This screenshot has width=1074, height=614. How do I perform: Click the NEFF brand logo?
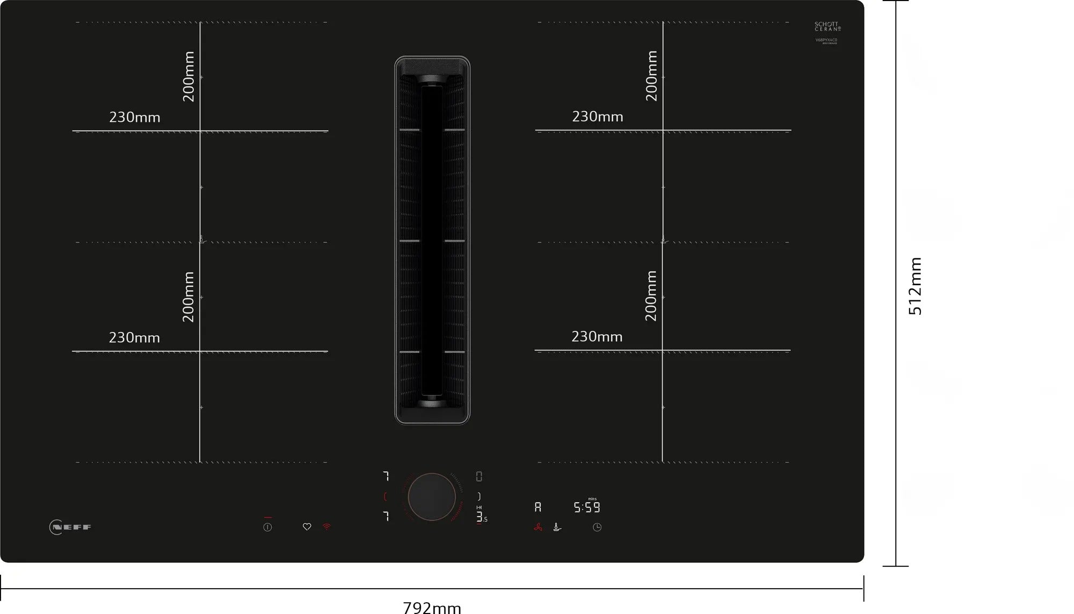coord(70,527)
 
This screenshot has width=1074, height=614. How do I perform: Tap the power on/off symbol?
coord(267,527)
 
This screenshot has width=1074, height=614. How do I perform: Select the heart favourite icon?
coord(307,527)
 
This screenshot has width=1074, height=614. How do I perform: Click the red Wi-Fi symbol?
coord(326,527)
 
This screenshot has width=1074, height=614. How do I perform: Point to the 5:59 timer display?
coord(586,507)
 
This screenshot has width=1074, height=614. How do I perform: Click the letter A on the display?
coord(538,507)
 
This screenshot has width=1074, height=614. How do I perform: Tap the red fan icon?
coord(538,528)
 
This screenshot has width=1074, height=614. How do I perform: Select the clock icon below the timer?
coord(597,528)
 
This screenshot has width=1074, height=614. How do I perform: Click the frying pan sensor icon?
coord(557,528)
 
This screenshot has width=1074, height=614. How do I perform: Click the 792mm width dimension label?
coord(432,608)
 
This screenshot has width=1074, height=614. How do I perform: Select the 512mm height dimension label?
coord(915,286)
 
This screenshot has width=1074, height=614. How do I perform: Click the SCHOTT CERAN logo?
coord(827,26)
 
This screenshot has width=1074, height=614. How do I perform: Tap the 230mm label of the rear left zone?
coord(135,117)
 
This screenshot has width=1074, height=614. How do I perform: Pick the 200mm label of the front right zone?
coord(651,296)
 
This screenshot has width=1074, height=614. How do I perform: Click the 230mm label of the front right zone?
coord(597,337)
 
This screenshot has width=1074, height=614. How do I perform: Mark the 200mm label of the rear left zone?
coord(188,76)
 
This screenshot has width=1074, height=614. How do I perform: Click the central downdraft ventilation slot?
coord(432,240)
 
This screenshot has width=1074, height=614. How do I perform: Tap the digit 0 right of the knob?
coord(479,476)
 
